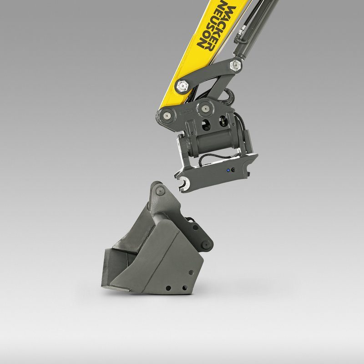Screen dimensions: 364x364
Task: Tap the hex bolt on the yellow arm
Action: pyautogui.click(x=182, y=86)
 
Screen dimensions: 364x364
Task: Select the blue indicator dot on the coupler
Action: pyautogui.click(x=228, y=170)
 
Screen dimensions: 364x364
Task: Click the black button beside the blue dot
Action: pyautogui.click(x=233, y=170)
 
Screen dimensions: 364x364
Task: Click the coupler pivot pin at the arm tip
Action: pyautogui.click(x=167, y=115)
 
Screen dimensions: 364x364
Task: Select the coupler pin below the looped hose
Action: pyautogui.click(x=205, y=108)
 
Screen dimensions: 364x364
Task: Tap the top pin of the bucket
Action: pyautogui.click(x=160, y=191)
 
